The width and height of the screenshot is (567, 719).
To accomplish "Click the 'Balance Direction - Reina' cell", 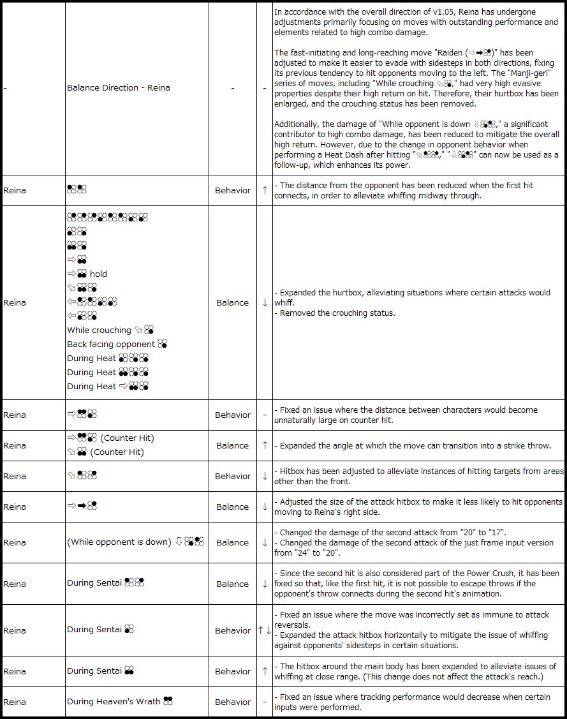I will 118,88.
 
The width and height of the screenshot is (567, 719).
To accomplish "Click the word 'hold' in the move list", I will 98,274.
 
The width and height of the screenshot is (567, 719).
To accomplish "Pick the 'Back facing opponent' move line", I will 111,345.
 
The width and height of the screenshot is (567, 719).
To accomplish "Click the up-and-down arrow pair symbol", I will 264,631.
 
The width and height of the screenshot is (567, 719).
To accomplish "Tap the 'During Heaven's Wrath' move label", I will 114,702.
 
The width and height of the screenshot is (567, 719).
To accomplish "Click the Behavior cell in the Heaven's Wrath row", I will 233,702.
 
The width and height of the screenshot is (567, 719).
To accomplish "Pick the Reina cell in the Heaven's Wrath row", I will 15,702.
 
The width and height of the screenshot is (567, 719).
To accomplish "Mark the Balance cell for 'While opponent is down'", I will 232,543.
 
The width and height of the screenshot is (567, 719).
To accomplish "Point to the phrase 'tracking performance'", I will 389,697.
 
